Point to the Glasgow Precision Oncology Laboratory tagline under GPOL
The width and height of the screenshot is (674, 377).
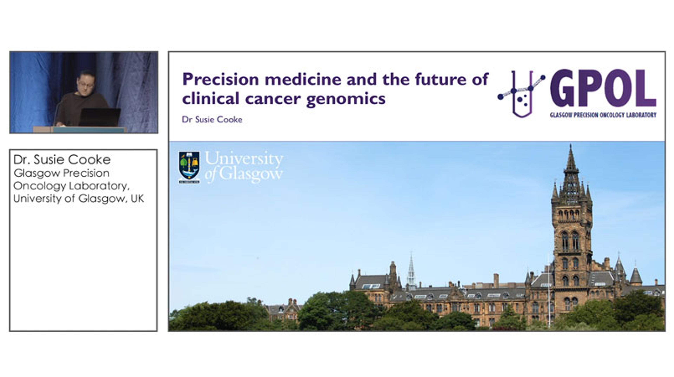(x=603, y=115)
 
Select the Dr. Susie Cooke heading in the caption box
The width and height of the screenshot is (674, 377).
(x=62, y=160)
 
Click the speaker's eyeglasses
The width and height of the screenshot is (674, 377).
(x=85, y=84)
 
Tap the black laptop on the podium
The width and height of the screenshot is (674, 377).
(x=100, y=117)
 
